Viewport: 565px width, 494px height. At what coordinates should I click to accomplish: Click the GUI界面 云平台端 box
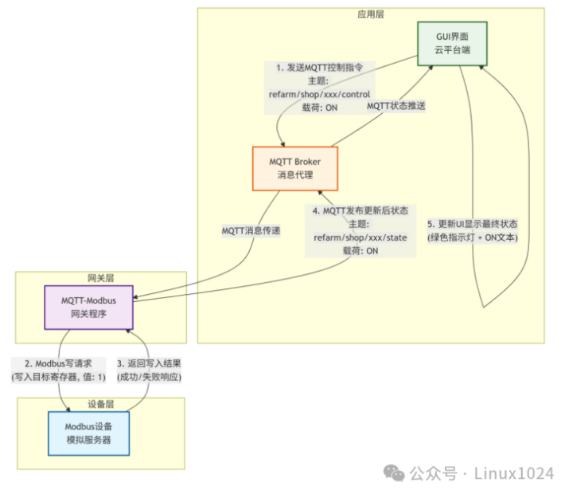[x=452, y=43]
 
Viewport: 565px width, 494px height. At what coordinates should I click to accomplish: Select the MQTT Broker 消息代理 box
[x=296, y=168]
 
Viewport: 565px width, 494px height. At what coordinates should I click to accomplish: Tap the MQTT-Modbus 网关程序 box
[x=88, y=307]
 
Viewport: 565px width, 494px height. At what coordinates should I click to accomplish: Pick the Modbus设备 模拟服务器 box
[x=88, y=433]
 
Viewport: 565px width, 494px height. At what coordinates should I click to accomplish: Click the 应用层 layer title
[x=371, y=15]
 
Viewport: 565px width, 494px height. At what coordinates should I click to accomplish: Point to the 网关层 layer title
[x=101, y=278]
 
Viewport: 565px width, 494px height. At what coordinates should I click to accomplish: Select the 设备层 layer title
[x=101, y=403]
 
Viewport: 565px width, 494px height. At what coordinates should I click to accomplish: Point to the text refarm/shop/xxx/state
[x=360, y=237]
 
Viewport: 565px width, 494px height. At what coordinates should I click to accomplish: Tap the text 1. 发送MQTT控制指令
[x=320, y=68]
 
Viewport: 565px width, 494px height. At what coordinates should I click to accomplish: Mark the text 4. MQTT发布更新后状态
[x=360, y=211]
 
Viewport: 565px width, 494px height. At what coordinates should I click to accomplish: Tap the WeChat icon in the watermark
[x=394, y=473]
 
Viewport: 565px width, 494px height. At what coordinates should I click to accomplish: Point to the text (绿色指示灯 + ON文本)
[x=473, y=237]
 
